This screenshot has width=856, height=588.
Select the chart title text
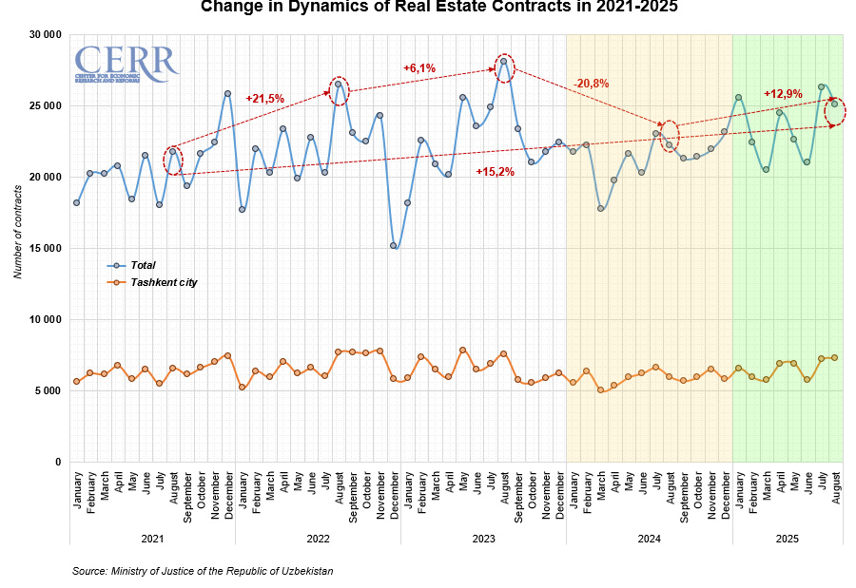[440, 9]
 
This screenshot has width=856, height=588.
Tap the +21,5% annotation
[264, 98]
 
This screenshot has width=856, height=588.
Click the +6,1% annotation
[419, 68]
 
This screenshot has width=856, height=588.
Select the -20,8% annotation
[592, 84]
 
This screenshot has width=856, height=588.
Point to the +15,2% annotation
[495, 172]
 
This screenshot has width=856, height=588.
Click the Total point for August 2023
[504, 62]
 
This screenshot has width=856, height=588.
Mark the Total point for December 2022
[394, 245]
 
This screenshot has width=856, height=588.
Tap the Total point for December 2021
[227, 93]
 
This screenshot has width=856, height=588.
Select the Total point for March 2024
[600, 208]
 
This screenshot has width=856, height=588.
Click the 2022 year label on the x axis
[318, 539]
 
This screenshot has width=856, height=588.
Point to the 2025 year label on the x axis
[788, 539]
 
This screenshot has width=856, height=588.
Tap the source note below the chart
[203, 571]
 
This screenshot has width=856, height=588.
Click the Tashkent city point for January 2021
[76, 382]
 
